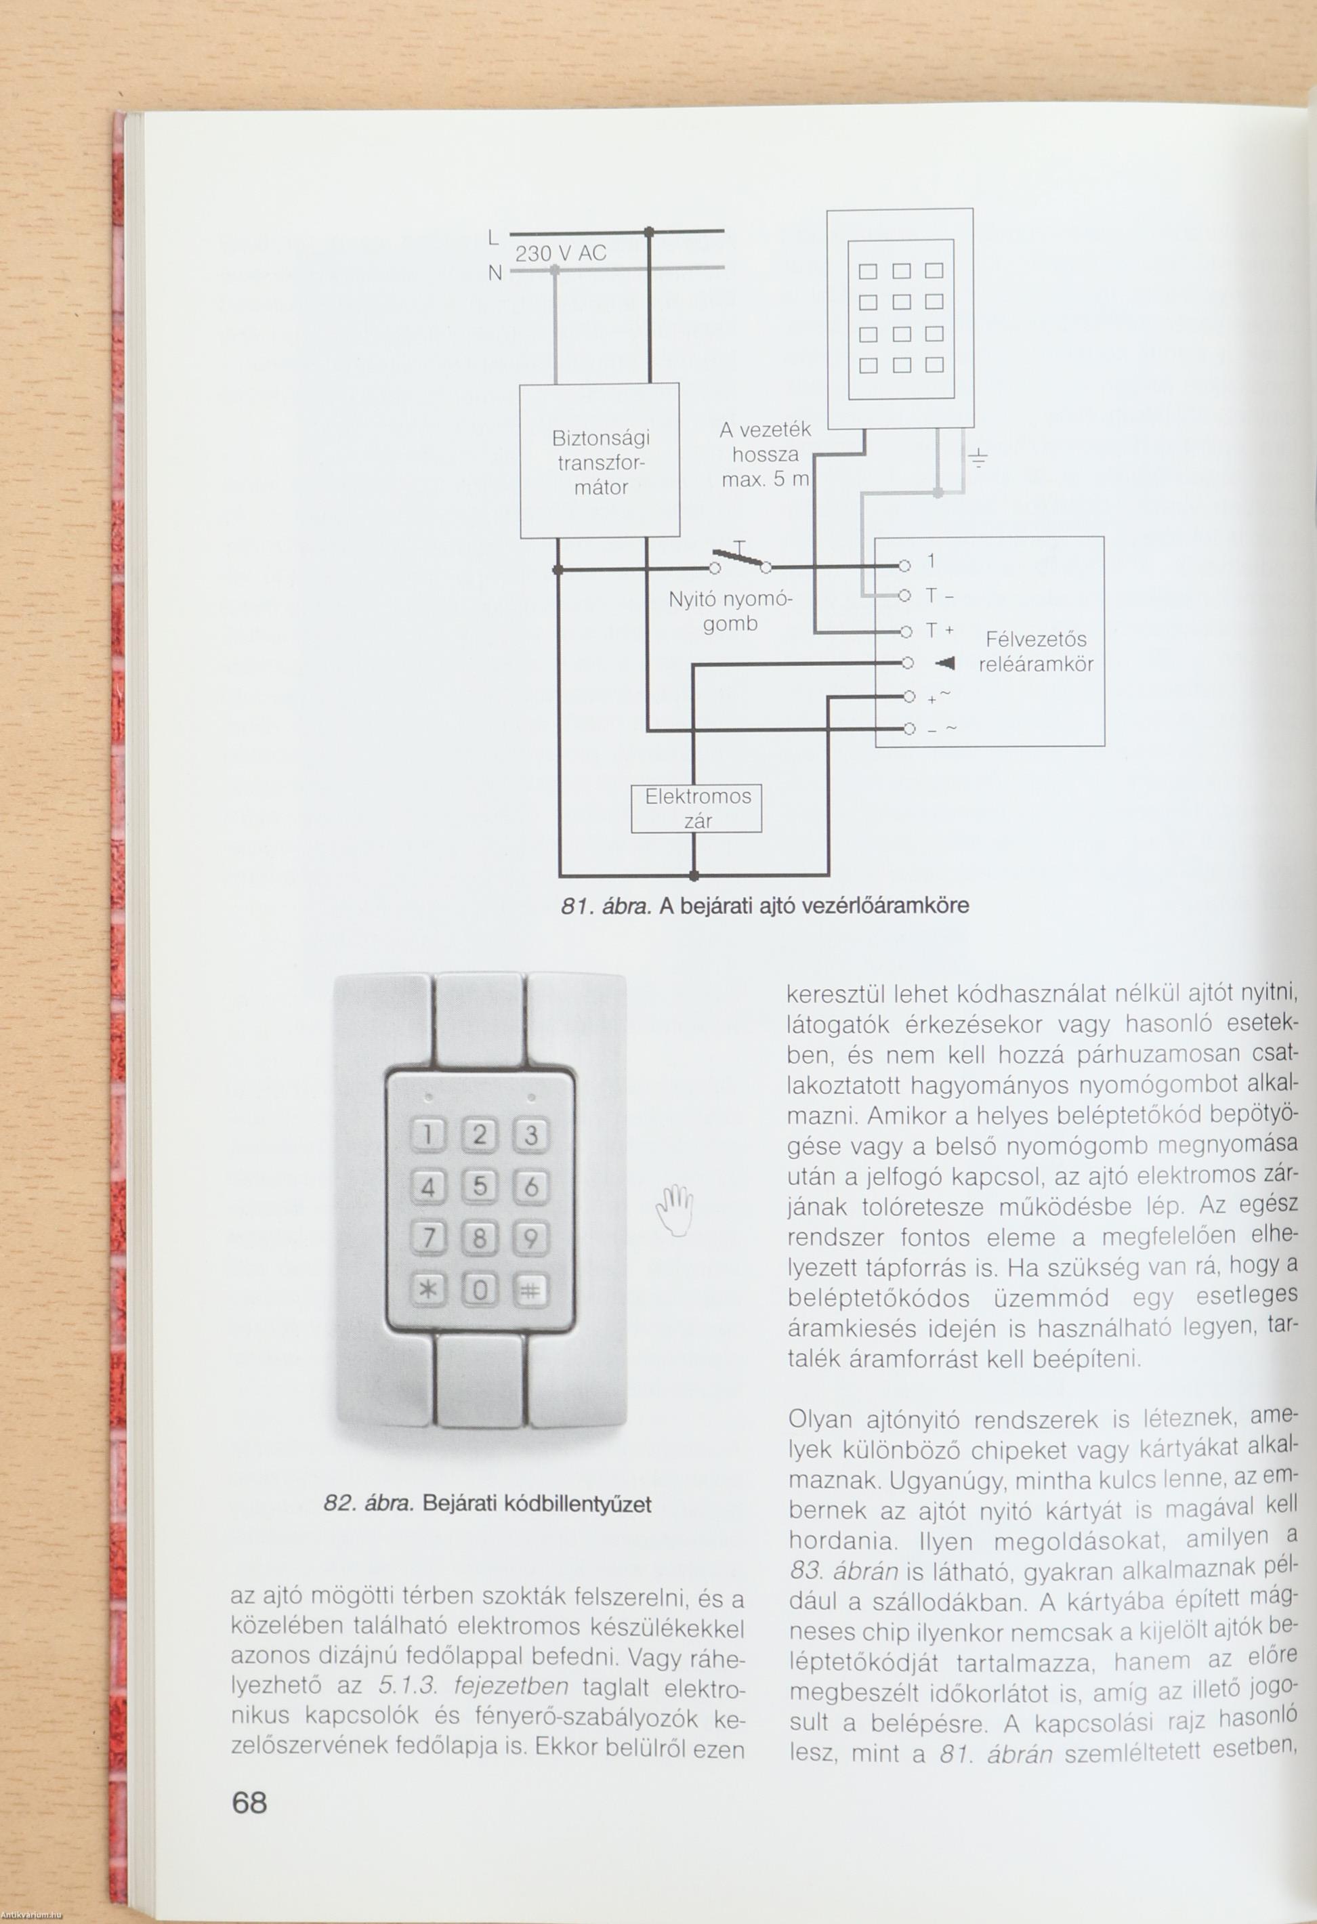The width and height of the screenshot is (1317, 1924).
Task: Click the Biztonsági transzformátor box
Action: click(x=600, y=460)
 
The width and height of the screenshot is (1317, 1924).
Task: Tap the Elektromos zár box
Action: click(x=696, y=808)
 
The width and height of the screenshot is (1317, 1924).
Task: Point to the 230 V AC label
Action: click(x=560, y=254)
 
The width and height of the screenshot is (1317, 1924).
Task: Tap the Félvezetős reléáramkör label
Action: click(x=1036, y=652)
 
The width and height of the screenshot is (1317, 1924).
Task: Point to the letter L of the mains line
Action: click(x=493, y=238)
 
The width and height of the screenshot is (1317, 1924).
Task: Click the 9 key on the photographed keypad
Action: click(x=530, y=1239)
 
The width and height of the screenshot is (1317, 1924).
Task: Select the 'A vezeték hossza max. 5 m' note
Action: click(x=765, y=455)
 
